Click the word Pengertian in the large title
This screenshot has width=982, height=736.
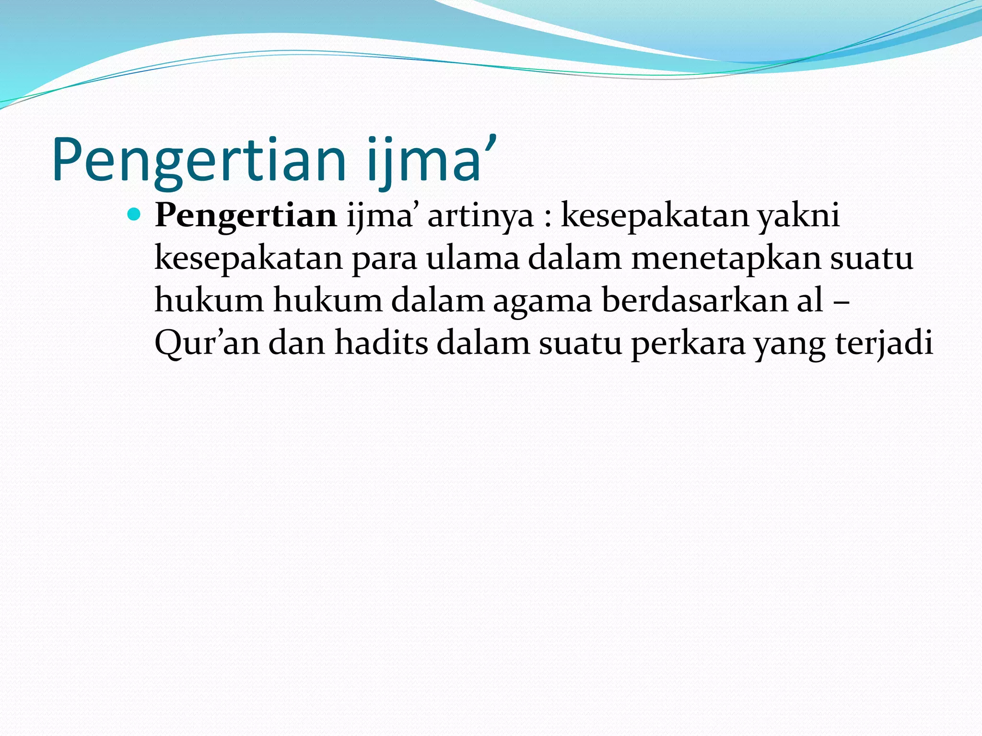[x=199, y=161]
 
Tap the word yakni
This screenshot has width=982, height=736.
[x=798, y=217]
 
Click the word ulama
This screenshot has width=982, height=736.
[x=473, y=258]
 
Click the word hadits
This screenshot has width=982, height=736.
[x=381, y=343]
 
